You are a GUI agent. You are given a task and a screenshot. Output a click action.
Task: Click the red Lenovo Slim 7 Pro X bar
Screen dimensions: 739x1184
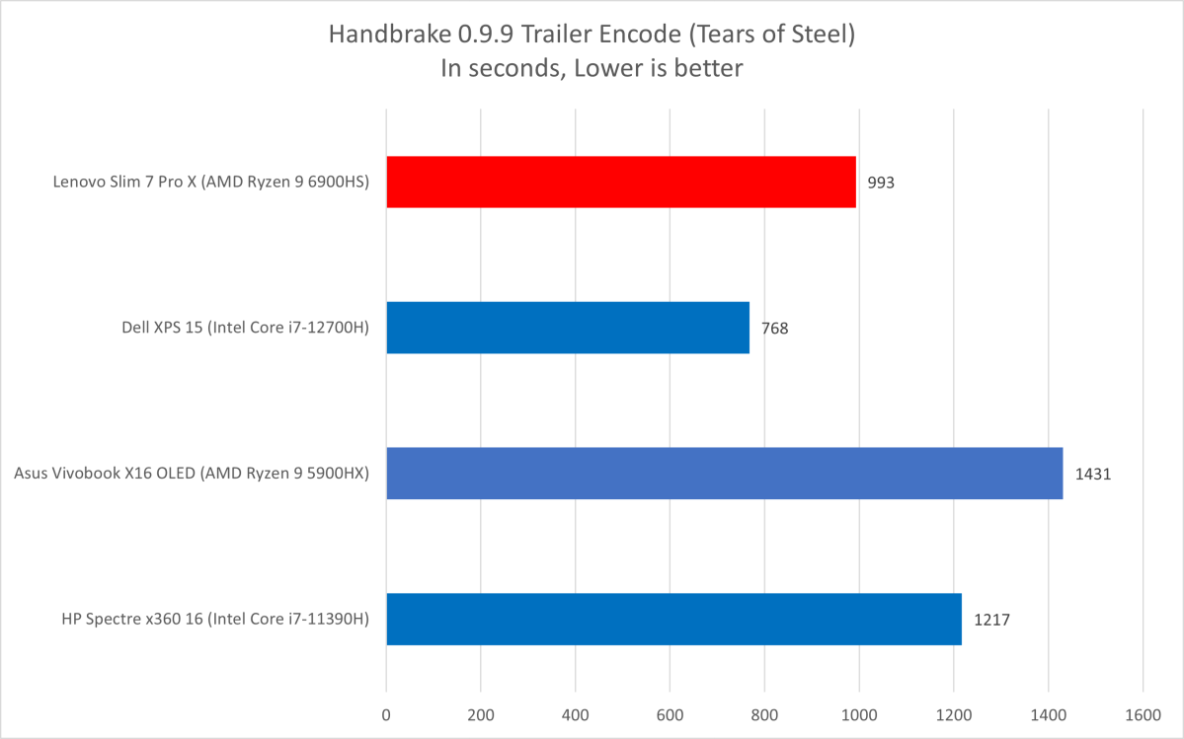click(x=620, y=182)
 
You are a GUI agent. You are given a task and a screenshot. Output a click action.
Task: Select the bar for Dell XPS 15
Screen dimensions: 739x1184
click(x=567, y=328)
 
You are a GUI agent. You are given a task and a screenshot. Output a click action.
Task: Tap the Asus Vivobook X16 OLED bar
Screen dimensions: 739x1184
click(x=724, y=474)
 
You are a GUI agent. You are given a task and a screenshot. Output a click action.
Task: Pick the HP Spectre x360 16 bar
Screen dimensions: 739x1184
click(x=673, y=620)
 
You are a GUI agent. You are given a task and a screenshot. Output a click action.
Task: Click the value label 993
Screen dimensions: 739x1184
click(x=881, y=183)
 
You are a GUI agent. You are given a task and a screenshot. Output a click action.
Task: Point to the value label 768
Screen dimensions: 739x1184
click(x=775, y=328)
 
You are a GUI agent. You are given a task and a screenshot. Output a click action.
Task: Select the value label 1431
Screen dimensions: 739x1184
click(x=1093, y=474)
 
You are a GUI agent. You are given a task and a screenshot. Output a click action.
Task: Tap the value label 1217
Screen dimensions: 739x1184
click(x=991, y=620)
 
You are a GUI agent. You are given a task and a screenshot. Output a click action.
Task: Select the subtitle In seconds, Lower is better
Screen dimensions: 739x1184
click(x=592, y=68)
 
